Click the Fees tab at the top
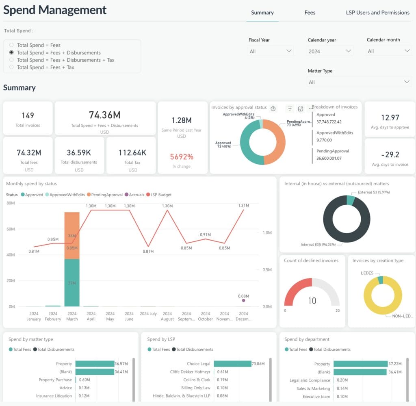tap(310, 13)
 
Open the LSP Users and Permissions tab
tap(377, 13)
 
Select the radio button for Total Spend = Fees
tap(11, 45)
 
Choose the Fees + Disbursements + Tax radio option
tap(11, 60)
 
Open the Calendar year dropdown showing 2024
tap(330, 51)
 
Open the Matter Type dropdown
tap(359, 82)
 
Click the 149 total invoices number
tap(28, 115)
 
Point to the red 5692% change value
tap(182, 157)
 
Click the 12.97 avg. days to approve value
tap(390, 118)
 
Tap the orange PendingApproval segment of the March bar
tap(72, 236)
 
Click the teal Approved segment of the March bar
tap(72, 283)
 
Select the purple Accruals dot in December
tap(243, 300)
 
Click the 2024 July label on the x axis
tap(148, 314)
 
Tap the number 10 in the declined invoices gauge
tap(312, 301)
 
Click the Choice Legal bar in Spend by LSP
tap(232, 364)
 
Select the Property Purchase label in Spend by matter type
tap(55, 380)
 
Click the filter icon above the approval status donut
tap(290, 109)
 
